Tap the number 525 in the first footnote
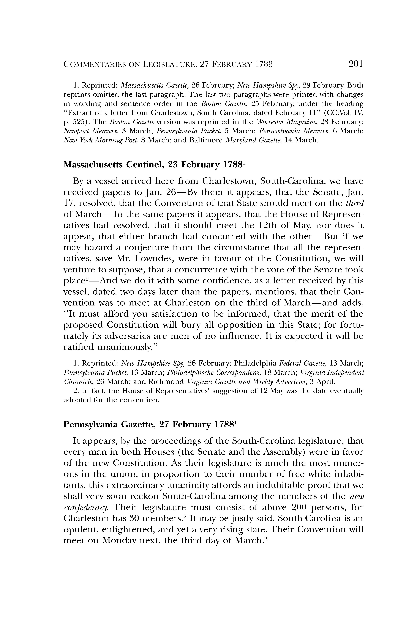(x=79, y=122)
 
